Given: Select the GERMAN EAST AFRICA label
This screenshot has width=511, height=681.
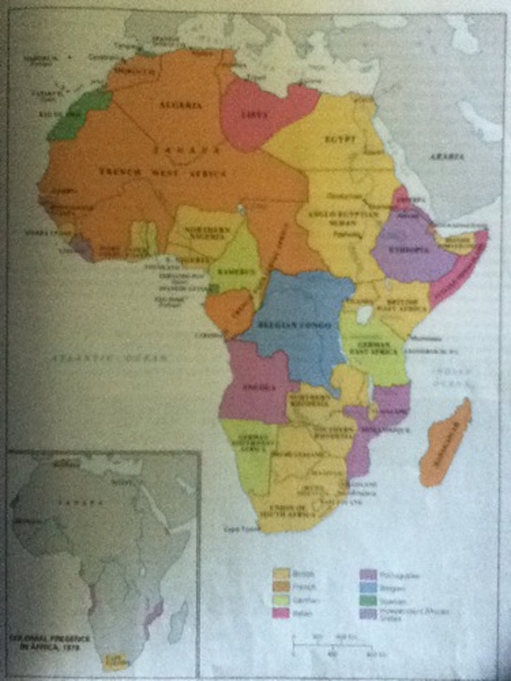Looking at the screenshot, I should pos(373,348).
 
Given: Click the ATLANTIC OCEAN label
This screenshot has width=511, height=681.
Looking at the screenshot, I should pos(109,358).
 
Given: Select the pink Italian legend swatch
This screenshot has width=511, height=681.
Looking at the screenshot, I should pos(280,612).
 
